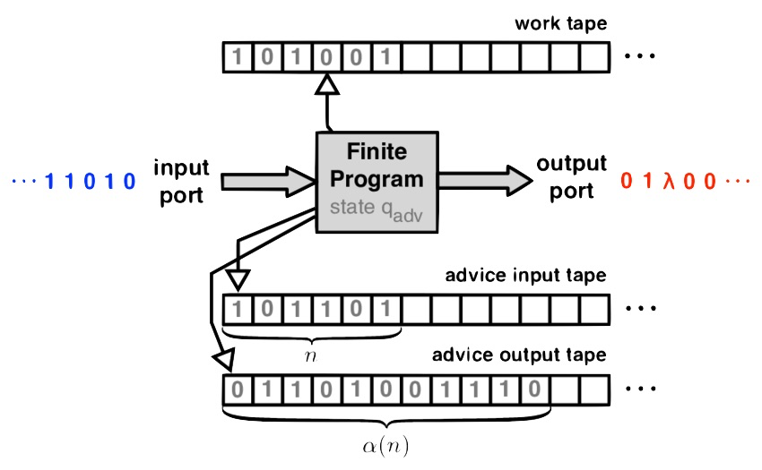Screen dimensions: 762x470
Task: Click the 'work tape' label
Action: point(561,24)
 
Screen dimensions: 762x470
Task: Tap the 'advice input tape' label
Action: point(526,276)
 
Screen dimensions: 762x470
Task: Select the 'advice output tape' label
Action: point(519,355)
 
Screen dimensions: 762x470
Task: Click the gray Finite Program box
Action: point(377,182)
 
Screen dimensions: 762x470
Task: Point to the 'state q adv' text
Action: point(377,209)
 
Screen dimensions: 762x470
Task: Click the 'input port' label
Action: point(181,182)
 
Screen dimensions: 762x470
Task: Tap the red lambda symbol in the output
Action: point(669,181)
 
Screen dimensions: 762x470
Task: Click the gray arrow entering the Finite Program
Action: point(268,182)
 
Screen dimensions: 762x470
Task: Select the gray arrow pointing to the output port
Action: point(486,181)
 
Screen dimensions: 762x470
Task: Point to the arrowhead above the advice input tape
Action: point(238,280)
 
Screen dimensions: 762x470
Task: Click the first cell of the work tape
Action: point(238,57)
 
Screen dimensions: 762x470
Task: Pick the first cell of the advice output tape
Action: point(238,390)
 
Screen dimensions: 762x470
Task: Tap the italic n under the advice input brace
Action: point(310,357)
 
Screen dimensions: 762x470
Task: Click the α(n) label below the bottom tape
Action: point(385,446)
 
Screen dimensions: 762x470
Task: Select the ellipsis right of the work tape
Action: point(640,56)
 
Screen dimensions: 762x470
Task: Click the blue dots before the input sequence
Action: point(24,181)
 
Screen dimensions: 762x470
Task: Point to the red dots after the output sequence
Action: point(738,181)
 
